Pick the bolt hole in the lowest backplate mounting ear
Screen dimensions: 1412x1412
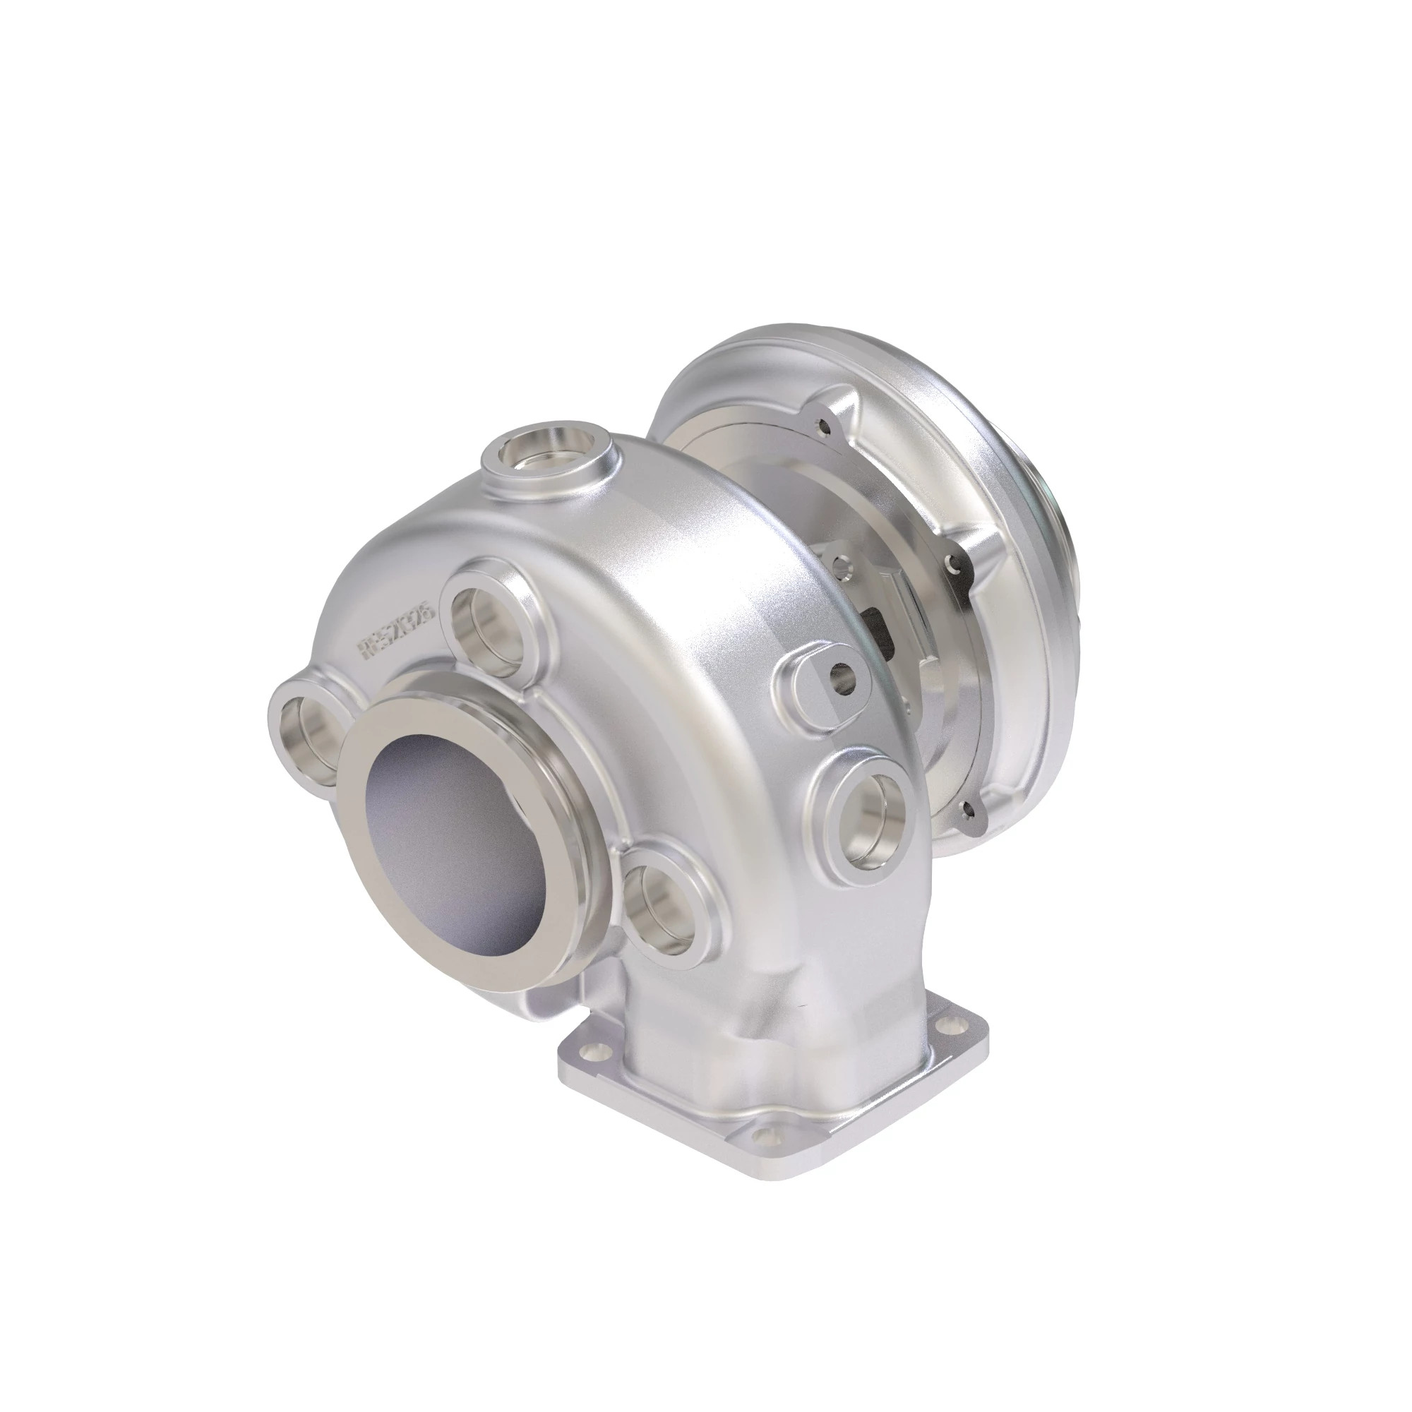click(969, 807)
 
